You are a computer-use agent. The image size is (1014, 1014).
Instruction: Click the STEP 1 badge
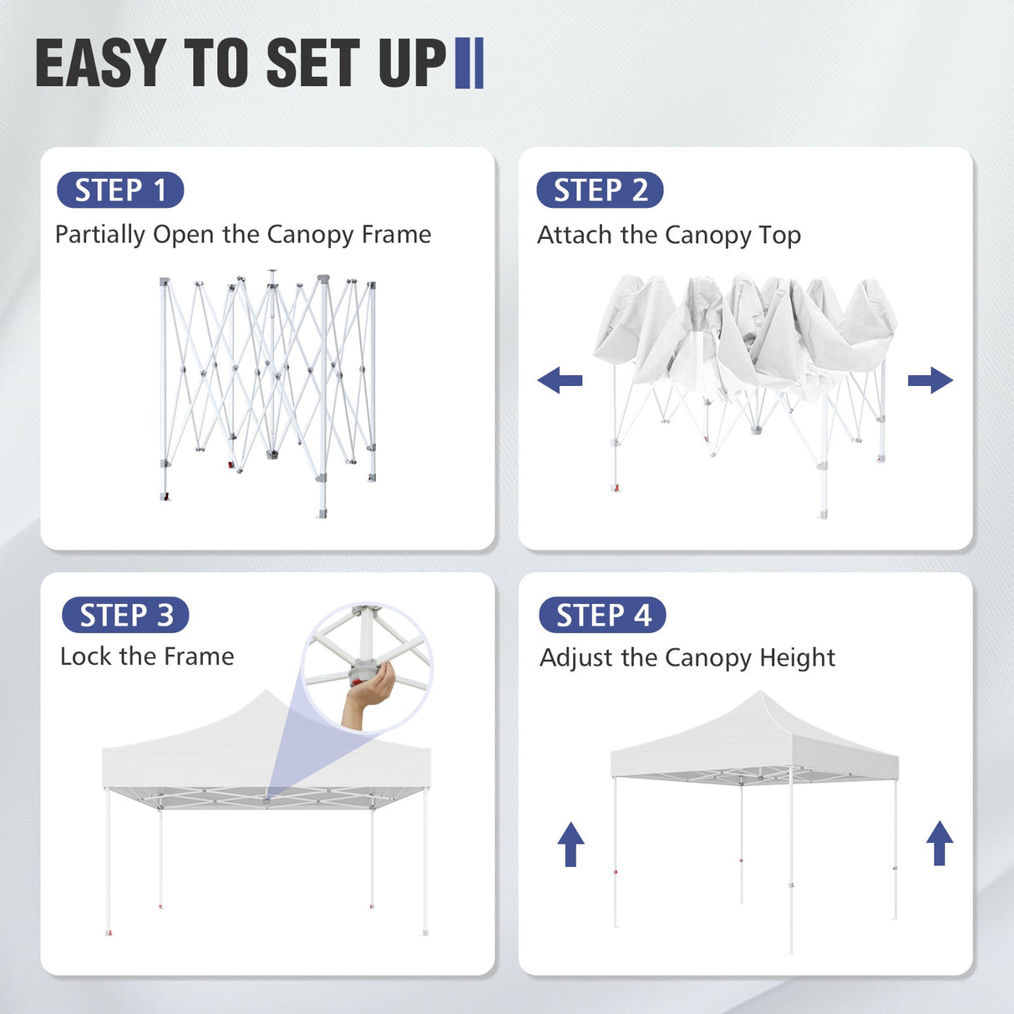pyautogui.click(x=120, y=190)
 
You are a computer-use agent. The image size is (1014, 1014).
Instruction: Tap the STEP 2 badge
pyautogui.click(x=600, y=190)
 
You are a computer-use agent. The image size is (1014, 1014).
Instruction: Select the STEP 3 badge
pyautogui.click(x=125, y=616)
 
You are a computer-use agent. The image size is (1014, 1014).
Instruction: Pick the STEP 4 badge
pyautogui.click(x=602, y=616)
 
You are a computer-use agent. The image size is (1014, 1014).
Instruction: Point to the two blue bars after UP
pyautogui.click(x=469, y=63)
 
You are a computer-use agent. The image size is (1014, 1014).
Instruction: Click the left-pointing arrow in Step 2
pyautogui.click(x=560, y=381)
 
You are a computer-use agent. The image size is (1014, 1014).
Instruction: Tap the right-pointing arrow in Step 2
pyautogui.click(x=930, y=381)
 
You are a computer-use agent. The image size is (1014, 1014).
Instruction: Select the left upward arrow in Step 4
pyautogui.click(x=570, y=844)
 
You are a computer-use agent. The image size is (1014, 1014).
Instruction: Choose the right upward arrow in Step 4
pyautogui.click(x=940, y=843)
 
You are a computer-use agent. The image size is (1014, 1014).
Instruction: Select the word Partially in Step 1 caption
pyautogui.click(x=100, y=235)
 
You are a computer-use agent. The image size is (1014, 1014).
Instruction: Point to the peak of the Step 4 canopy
pyautogui.click(x=758, y=693)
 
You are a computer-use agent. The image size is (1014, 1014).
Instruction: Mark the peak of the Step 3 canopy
pyautogui.click(x=266, y=692)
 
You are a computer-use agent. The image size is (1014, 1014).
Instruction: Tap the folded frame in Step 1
pyautogui.click(x=267, y=393)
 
